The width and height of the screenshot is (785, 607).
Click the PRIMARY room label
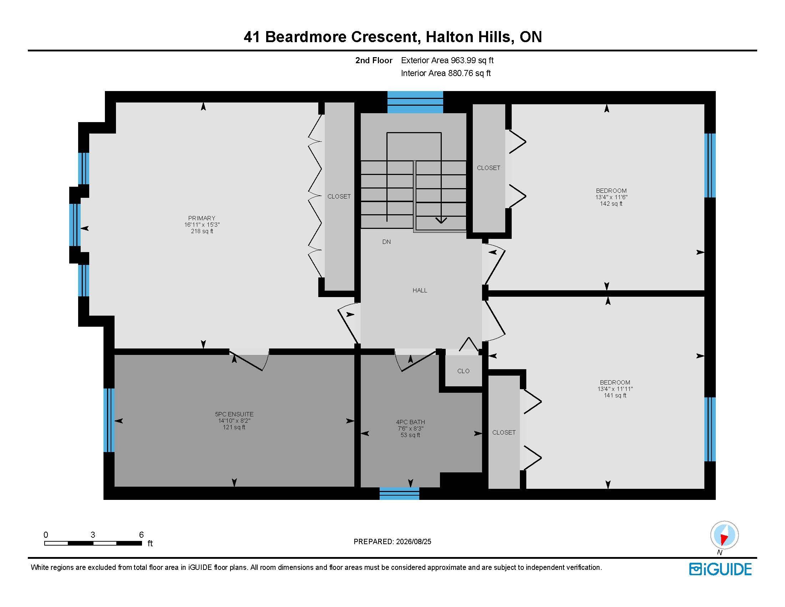(x=202, y=218)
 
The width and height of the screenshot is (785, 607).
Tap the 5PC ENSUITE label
(x=234, y=414)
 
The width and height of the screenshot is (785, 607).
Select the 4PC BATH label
(x=410, y=422)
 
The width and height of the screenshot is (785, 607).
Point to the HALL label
(x=420, y=290)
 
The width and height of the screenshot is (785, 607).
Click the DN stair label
(x=386, y=242)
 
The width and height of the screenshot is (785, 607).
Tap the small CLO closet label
(x=463, y=371)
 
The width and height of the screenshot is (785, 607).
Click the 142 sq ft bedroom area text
(x=611, y=204)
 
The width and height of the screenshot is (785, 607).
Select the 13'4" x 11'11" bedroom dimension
(x=615, y=389)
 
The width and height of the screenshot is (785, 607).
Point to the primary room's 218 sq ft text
(x=202, y=231)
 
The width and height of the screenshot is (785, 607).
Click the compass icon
(x=724, y=535)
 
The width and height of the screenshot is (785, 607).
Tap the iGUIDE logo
(x=720, y=569)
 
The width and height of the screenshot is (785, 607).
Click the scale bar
(x=93, y=543)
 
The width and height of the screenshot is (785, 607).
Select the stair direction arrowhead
(x=441, y=220)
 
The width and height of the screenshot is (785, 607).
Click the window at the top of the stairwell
(x=415, y=102)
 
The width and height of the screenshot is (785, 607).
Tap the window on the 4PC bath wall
(x=399, y=493)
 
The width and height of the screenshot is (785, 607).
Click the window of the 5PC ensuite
(x=109, y=420)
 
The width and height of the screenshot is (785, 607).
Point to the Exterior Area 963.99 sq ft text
(x=447, y=60)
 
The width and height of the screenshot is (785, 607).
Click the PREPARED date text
(x=392, y=542)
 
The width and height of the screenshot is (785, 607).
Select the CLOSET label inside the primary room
(x=339, y=196)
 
